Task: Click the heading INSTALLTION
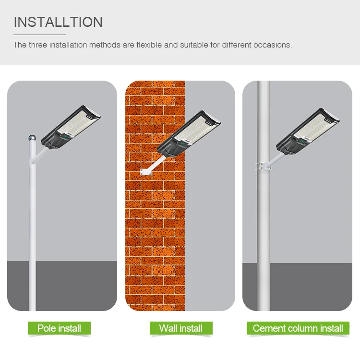tap(58, 22)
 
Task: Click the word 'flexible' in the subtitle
tap(149, 45)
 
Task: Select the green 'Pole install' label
tap(59, 328)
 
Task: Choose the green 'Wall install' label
tap(180, 328)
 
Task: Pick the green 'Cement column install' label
tap(298, 328)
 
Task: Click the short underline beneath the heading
tap(39, 35)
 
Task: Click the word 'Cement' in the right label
tap(269, 328)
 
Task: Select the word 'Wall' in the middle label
tap(168, 328)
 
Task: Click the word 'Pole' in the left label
tap(48, 328)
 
